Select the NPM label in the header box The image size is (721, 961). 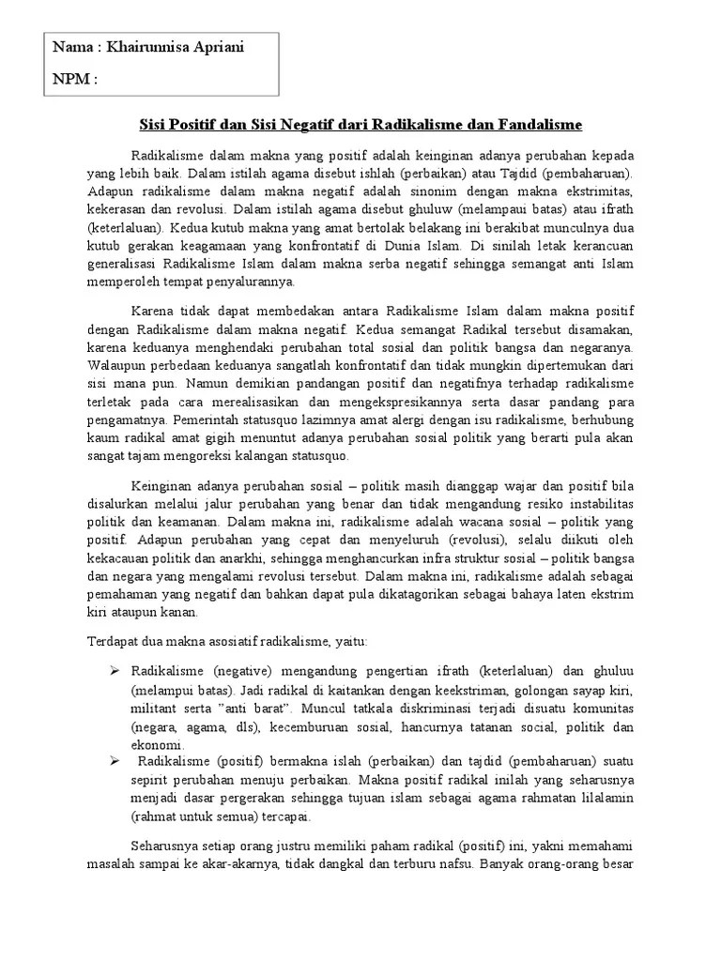coord(75,80)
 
